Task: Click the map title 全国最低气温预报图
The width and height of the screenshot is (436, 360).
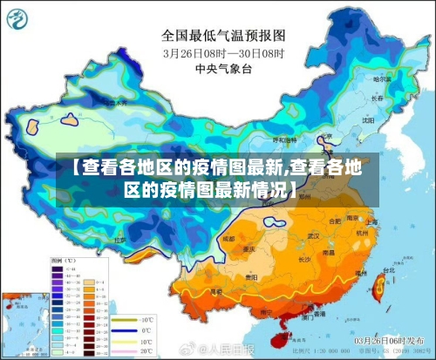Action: click(x=223, y=36)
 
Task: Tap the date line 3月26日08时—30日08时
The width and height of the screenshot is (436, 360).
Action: click(x=223, y=52)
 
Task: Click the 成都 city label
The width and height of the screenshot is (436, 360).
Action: click(x=229, y=237)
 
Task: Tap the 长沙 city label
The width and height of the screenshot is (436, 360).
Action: click(x=303, y=259)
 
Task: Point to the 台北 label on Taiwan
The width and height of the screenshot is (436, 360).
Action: click(x=377, y=271)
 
